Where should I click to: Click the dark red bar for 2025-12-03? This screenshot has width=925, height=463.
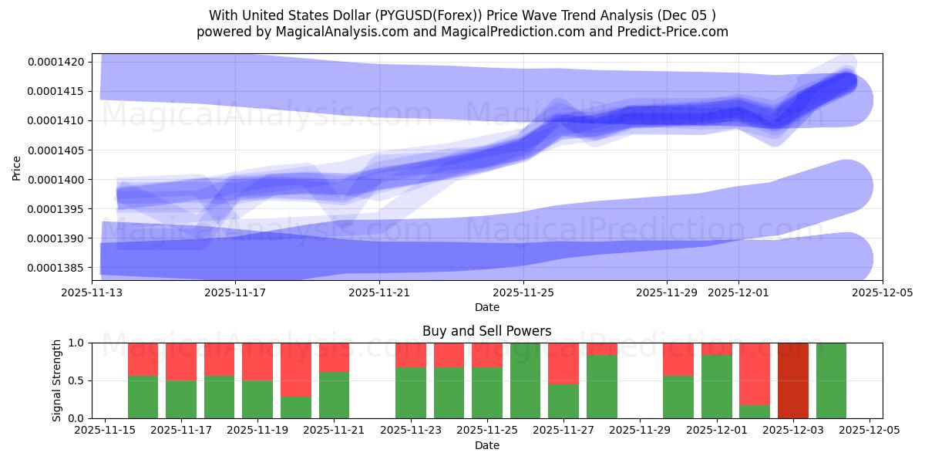(x=792, y=380)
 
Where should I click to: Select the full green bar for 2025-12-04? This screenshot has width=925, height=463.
(x=831, y=380)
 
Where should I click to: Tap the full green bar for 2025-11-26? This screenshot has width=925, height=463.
(x=525, y=380)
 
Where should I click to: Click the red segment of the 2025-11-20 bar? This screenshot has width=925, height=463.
(x=296, y=369)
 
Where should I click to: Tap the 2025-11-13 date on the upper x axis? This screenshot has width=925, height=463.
(x=92, y=292)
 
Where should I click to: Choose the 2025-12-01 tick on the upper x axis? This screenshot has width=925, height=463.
(x=738, y=292)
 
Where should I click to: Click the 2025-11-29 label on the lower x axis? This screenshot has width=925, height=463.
(x=641, y=431)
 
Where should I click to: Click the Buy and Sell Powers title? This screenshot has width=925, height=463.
(x=486, y=331)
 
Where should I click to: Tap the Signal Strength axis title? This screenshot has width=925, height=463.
(x=57, y=380)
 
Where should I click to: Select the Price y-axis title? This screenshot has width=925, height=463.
(x=17, y=167)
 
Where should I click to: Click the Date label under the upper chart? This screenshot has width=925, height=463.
(x=486, y=307)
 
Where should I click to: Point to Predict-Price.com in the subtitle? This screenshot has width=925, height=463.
(x=675, y=32)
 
